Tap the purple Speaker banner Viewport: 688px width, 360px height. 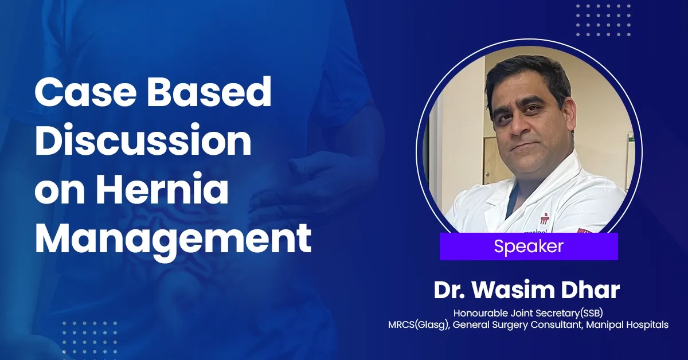pyautogui.click(x=528, y=246)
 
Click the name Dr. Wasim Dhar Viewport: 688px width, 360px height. pyautogui.click(x=527, y=290)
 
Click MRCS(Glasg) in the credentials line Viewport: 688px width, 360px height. pyautogui.click(x=416, y=325)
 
